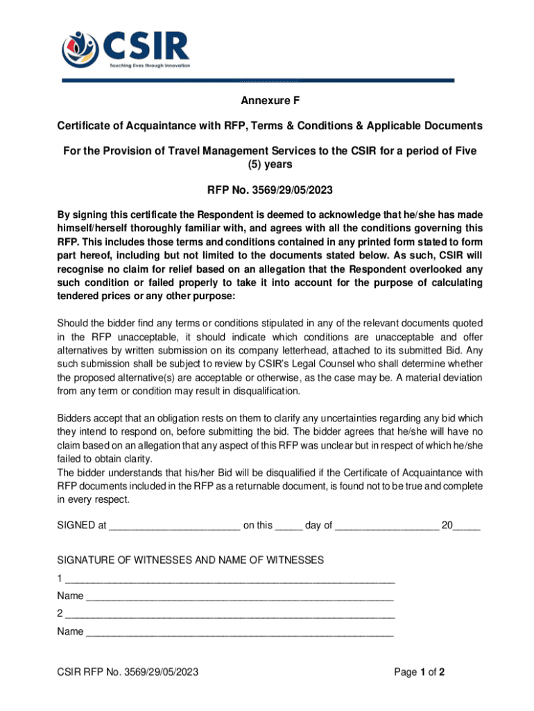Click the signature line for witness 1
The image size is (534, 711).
coord(230,579)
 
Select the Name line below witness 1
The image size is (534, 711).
coord(239,596)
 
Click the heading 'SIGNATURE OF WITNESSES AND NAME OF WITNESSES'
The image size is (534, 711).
coord(190,560)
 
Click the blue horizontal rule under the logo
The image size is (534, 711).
coord(258,81)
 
